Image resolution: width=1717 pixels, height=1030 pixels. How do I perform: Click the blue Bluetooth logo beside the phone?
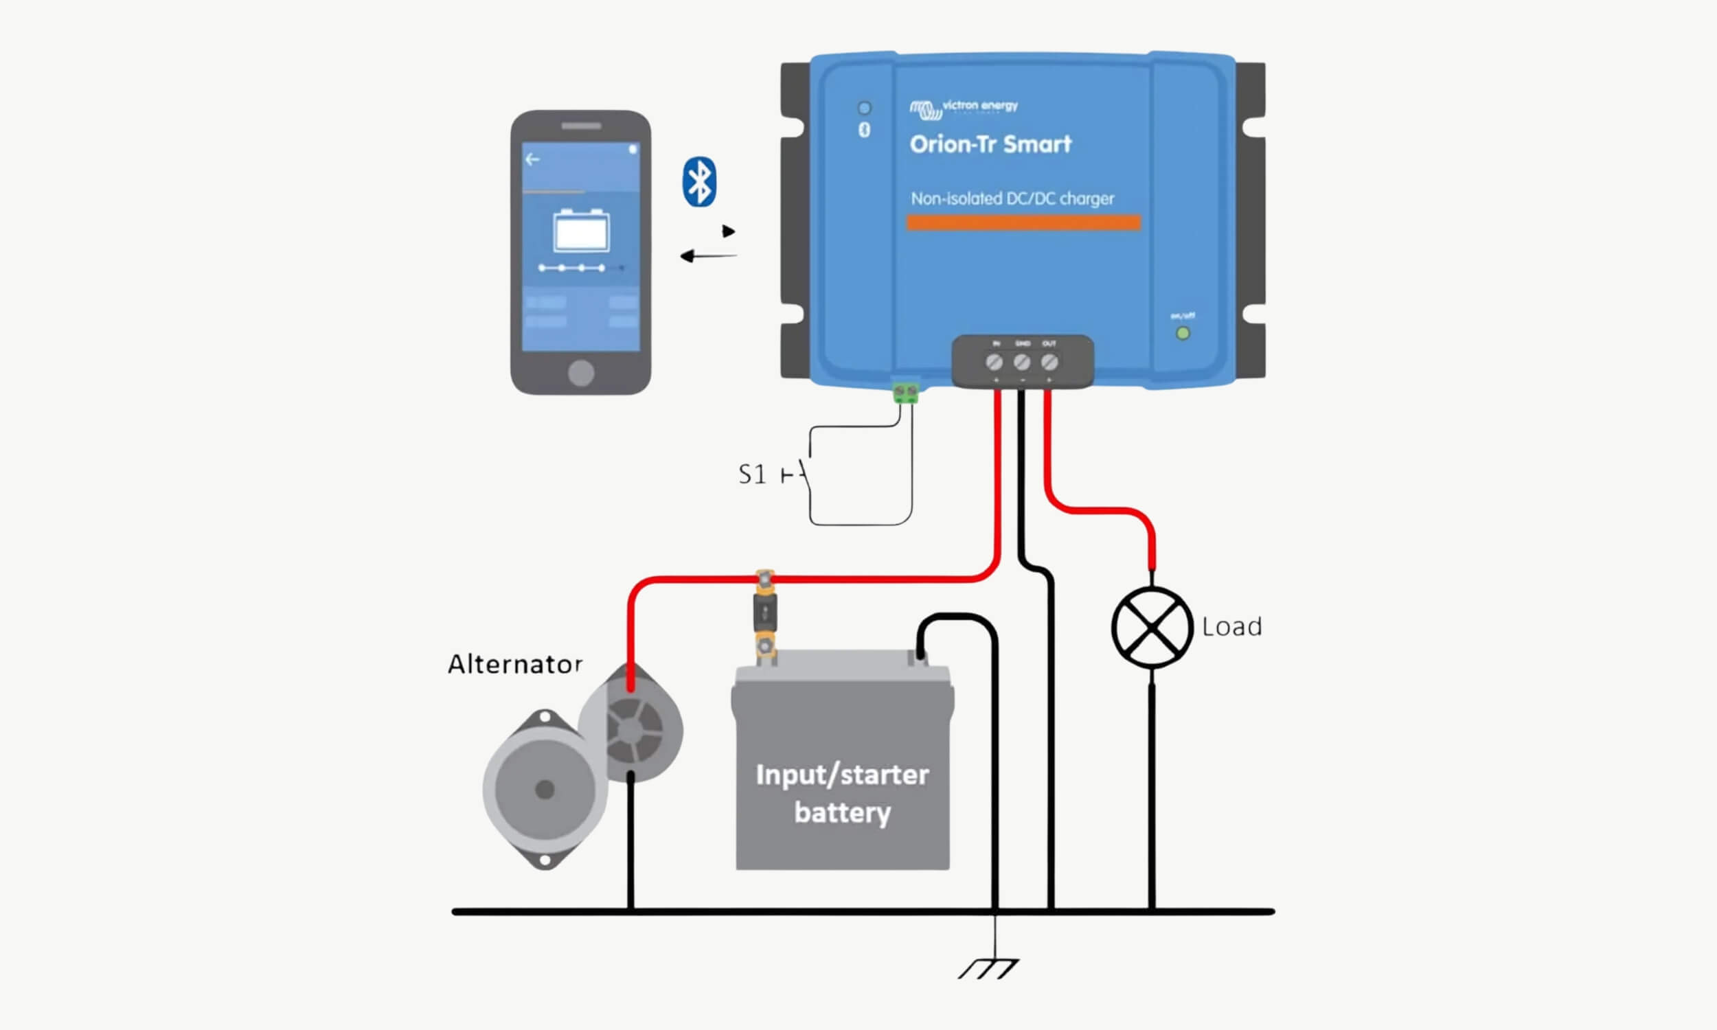(699, 182)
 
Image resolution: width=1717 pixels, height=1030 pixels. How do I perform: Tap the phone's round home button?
(581, 373)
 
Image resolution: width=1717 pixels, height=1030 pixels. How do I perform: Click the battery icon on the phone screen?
(581, 231)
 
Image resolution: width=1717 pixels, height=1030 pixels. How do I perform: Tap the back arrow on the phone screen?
(532, 159)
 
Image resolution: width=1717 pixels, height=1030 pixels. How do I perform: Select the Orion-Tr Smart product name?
(990, 144)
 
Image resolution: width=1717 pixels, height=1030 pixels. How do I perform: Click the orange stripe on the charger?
(1023, 222)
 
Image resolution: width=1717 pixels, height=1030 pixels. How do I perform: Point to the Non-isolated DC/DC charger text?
(1012, 198)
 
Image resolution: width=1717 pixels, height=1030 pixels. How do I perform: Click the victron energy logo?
(964, 108)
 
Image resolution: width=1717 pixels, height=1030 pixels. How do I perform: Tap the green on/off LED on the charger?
(1183, 333)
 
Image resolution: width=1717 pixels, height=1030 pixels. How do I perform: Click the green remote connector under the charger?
(906, 393)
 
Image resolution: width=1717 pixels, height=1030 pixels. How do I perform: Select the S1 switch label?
(752, 474)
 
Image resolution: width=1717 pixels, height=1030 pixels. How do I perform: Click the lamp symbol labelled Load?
(1151, 628)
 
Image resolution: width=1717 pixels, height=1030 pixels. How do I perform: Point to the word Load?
(1232, 627)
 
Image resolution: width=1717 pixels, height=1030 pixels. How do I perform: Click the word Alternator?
(514, 664)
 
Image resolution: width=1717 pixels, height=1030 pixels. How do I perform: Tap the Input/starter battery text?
(842, 793)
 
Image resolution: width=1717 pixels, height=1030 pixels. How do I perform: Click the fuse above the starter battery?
(765, 613)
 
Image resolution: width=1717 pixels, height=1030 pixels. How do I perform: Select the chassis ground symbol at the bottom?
(988, 968)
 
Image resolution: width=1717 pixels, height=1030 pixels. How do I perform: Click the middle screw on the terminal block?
(1021, 362)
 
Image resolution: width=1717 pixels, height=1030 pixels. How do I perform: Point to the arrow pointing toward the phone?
(708, 256)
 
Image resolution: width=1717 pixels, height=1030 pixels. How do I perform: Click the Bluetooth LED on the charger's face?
(864, 108)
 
